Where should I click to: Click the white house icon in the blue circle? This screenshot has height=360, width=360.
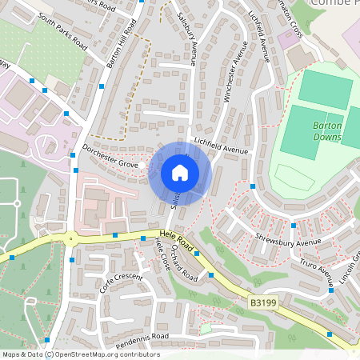tap(179, 173)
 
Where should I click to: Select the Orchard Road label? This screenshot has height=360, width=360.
tap(183, 262)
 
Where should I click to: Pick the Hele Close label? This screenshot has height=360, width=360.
tap(162, 254)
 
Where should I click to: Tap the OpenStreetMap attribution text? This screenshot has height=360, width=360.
tap(80, 354)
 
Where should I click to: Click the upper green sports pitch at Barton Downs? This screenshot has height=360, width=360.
tap(325, 89)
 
